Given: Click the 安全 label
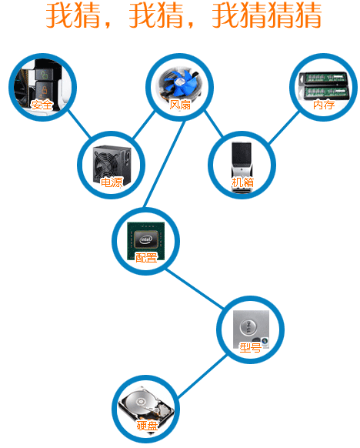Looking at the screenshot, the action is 42,105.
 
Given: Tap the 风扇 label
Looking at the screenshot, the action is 180,105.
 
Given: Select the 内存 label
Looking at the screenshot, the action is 324,105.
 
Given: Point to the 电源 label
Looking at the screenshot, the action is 112,182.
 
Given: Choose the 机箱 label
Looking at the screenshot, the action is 242,182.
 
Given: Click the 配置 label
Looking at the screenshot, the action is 146,258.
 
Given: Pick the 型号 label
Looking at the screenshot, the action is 250,348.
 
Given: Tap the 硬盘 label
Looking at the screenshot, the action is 147,426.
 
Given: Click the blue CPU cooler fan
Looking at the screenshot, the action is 180,83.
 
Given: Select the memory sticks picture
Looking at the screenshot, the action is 324,85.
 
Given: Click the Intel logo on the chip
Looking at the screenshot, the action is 146,239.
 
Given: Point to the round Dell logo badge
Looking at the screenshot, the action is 248,327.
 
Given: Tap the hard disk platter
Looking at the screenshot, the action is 141,403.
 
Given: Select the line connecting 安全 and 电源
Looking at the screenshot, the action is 79,124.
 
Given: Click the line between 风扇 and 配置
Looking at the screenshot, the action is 164,164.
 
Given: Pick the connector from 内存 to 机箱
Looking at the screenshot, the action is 284,128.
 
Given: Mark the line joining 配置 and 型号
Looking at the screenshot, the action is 195,289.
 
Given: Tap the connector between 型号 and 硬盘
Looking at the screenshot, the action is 202,376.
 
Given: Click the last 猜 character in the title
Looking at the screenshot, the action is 308,15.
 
